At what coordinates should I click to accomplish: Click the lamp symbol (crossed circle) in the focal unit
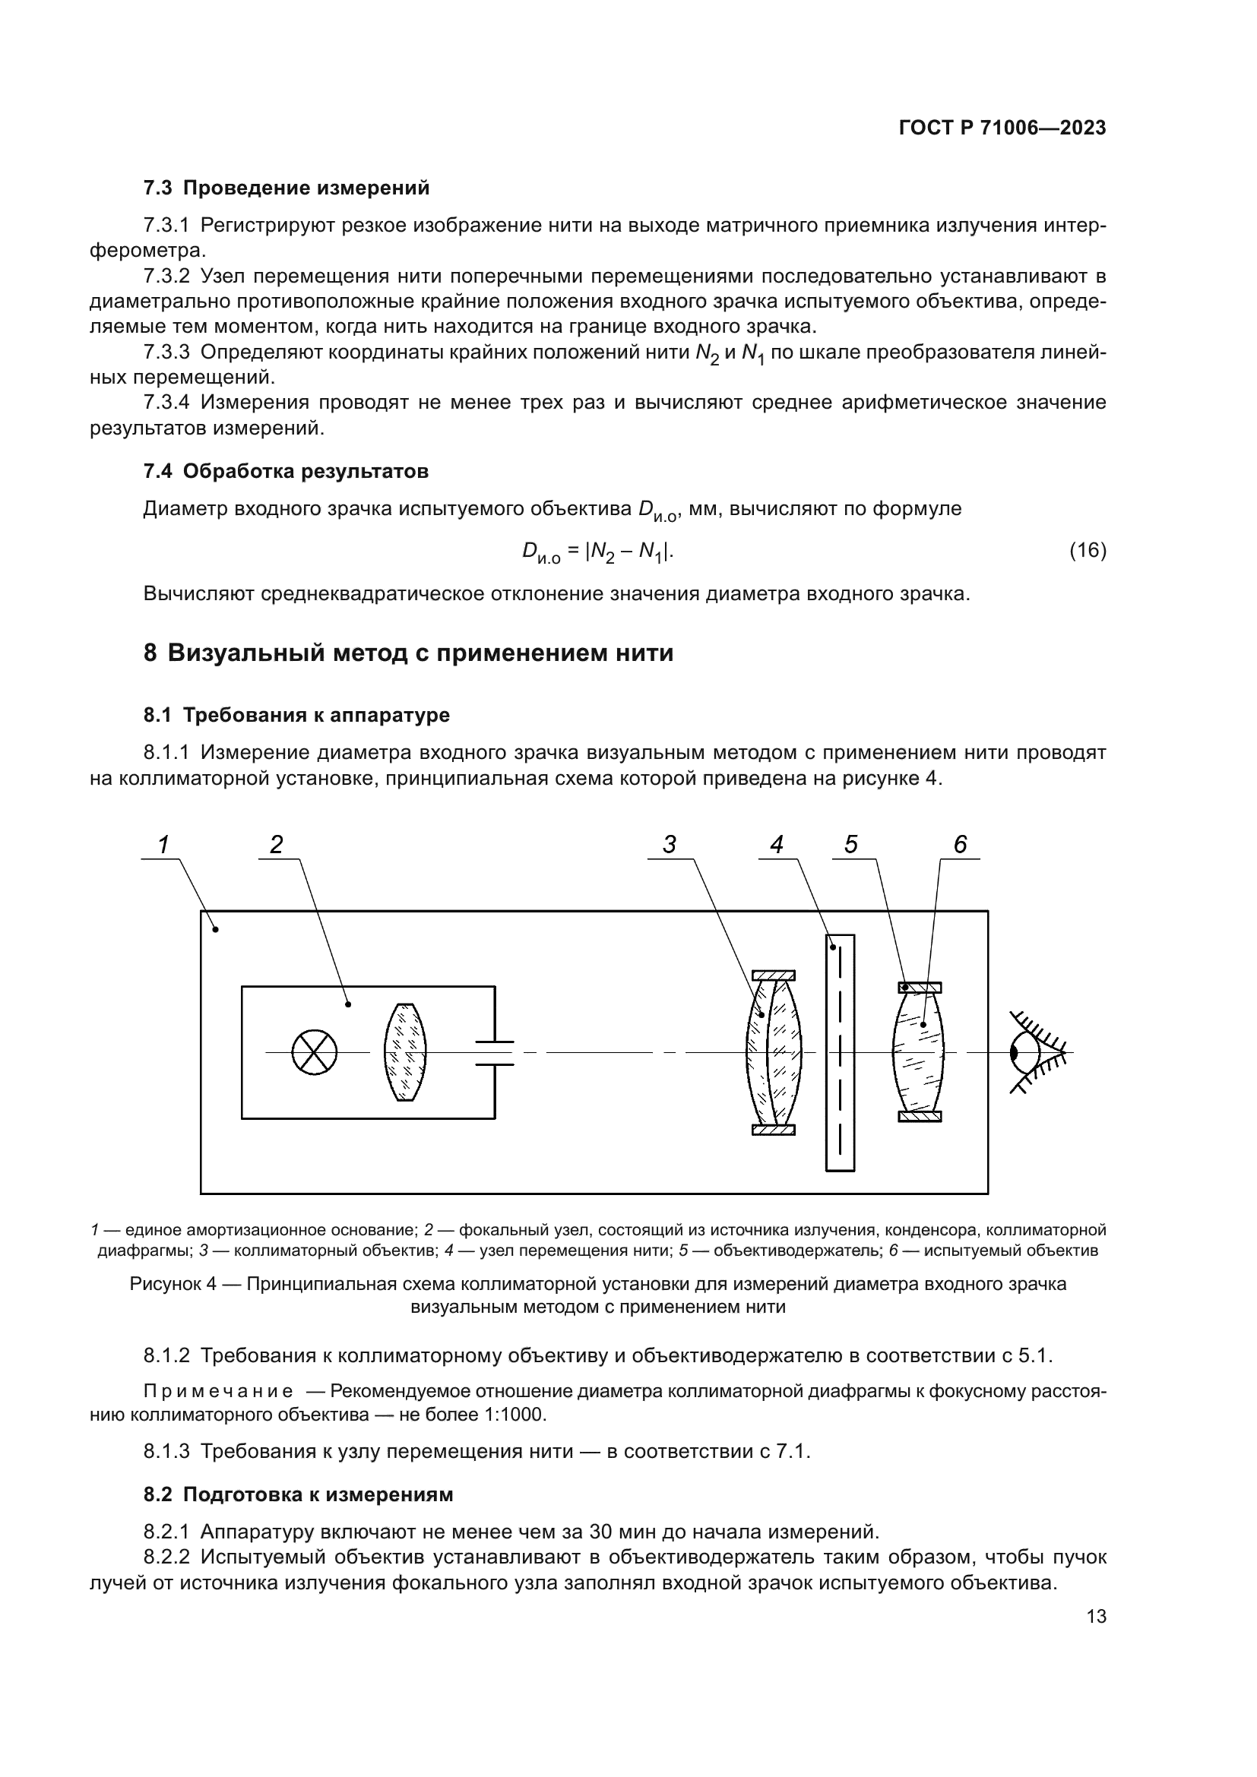tap(315, 1052)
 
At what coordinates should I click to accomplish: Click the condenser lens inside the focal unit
tap(406, 1052)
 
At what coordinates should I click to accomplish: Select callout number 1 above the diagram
tap(163, 845)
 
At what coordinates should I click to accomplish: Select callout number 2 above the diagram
tap(277, 845)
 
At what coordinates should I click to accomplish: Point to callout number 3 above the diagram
tap(670, 845)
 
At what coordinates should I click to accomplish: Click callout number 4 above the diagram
tap(777, 845)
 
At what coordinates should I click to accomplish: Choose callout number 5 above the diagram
tap(850, 845)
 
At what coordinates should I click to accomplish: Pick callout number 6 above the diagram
tap(960, 845)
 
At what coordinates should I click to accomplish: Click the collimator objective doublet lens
tap(773, 1052)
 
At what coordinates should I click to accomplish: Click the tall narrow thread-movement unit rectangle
tap(840, 1052)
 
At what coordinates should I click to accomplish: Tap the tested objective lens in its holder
tap(919, 1052)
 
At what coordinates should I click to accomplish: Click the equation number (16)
tap(1088, 550)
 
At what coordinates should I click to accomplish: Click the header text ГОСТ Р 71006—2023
tap(1002, 128)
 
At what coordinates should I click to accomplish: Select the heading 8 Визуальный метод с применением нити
tap(408, 653)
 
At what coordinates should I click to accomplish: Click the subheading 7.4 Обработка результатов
tap(286, 471)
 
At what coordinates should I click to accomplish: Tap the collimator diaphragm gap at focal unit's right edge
tap(495, 1053)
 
